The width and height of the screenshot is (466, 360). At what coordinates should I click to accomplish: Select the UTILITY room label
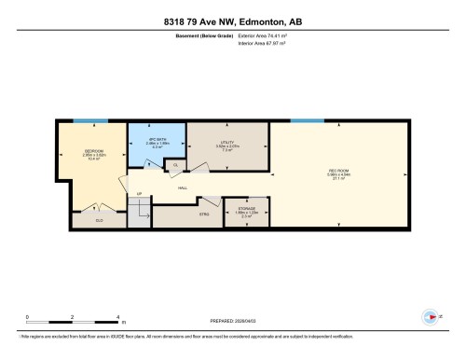pos(213,143)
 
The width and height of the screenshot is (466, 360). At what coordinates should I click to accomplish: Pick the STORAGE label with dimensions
pos(245,211)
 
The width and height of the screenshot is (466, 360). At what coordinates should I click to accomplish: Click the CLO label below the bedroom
pos(99,221)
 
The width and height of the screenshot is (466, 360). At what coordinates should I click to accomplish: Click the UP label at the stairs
pos(140,195)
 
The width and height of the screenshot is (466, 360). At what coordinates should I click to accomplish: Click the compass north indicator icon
pos(430,315)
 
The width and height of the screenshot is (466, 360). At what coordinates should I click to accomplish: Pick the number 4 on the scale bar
pos(119,318)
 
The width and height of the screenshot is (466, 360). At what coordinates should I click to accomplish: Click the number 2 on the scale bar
pos(74,318)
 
